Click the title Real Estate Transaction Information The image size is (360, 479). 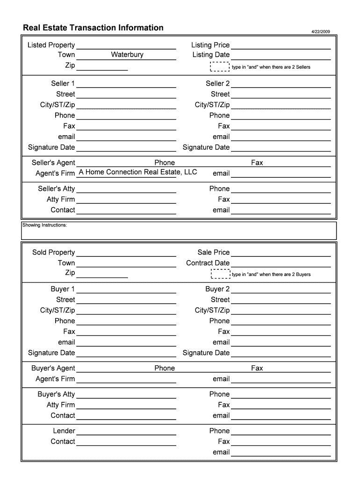[x=93, y=28]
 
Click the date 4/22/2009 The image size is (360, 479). [x=321, y=32]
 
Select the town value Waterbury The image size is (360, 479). [x=127, y=55]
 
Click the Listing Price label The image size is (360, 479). [x=210, y=45]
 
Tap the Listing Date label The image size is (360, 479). [x=211, y=55]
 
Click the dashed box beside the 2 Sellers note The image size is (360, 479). [x=220, y=67]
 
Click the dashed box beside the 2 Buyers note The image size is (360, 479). [x=220, y=274]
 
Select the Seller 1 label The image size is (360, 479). [x=63, y=84]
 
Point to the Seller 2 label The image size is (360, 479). [x=217, y=84]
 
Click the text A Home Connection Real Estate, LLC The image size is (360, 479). [x=138, y=172]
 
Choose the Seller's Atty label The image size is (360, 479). [x=56, y=189]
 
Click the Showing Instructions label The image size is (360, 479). [x=45, y=225]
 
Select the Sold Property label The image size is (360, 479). [x=53, y=253]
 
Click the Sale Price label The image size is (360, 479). [x=213, y=253]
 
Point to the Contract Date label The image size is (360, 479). [x=208, y=263]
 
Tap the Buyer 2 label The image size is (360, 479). [x=217, y=289]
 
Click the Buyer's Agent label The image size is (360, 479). [x=53, y=368]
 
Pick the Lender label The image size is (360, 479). [x=64, y=431]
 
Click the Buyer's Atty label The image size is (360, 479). [x=56, y=394]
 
